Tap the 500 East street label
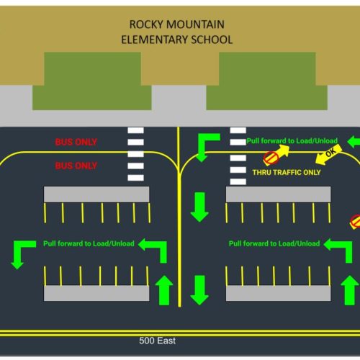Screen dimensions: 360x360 [x=157, y=341]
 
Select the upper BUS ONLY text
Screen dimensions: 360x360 [x=76, y=142]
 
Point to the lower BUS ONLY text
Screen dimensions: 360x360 [x=76, y=166]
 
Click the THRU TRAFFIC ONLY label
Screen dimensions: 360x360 [x=287, y=172]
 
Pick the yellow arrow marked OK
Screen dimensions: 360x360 [x=328, y=155]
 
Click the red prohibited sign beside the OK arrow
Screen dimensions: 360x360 [x=271, y=158]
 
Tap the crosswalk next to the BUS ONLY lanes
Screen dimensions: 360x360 [x=136, y=154]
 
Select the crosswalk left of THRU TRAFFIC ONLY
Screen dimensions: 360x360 [x=238, y=156]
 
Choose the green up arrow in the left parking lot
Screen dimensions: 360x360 [x=164, y=290]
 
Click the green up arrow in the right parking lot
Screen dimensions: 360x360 [x=349, y=290]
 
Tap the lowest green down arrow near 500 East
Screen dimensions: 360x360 [x=199, y=290]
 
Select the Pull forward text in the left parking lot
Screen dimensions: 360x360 [x=89, y=243]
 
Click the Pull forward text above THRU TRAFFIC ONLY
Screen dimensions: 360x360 [x=292, y=141]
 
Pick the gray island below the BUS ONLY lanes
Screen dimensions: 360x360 [x=96, y=194]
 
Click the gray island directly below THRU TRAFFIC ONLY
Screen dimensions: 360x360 [x=279, y=194]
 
